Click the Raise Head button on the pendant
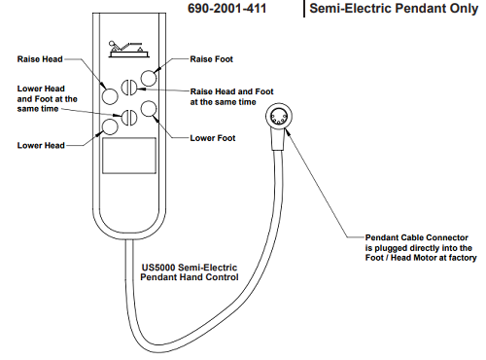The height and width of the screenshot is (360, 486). tap(110, 96)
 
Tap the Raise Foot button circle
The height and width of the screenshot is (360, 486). tap(149, 78)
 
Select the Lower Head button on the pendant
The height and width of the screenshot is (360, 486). tap(110, 126)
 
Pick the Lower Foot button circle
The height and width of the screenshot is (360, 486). tap(149, 109)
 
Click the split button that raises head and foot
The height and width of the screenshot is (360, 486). tap(129, 87)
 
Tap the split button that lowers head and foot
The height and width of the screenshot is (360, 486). tap(129, 118)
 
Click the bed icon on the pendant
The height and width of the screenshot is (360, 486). tap(128, 49)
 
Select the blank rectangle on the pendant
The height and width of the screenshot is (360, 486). tap(129, 156)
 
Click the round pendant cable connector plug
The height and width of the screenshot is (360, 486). tap(279, 117)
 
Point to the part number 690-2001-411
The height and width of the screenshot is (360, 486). tap(227, 9)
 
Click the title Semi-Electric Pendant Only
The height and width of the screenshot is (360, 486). tap(394, 9)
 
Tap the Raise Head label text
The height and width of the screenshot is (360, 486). tap(40, 59)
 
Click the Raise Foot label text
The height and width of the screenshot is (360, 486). tap(212, 59)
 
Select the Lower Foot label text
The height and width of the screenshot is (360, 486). tap(213, 138)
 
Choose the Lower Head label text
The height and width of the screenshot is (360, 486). tap(41, 145)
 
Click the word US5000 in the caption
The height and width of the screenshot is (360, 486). tap(158, 268)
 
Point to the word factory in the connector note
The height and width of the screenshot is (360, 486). tap(463, 258)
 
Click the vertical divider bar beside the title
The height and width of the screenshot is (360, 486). tap(304, 9)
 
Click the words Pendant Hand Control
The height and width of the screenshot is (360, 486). tap(190, 277)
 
